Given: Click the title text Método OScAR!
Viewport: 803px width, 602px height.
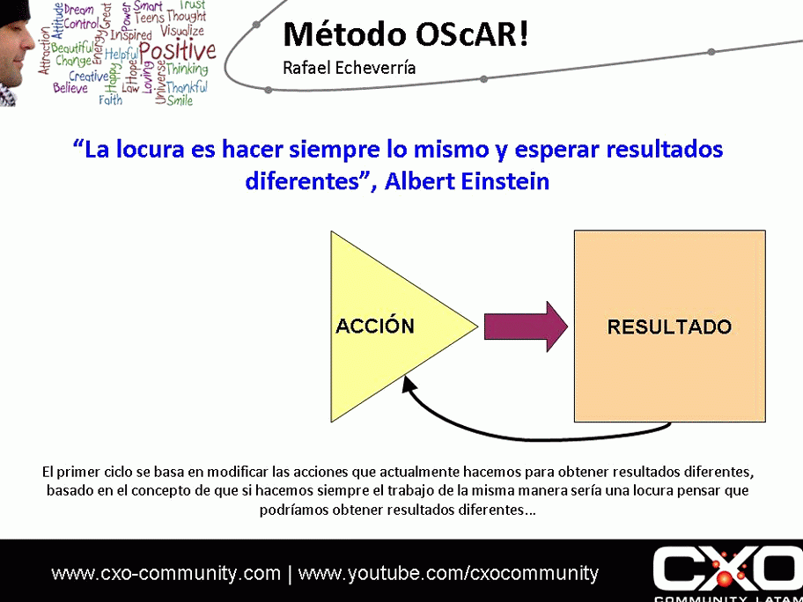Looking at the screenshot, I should (405, 34).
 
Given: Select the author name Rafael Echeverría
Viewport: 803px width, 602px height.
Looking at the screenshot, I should (349, 68).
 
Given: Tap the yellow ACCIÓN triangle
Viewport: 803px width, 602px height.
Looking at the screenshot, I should (379, 327).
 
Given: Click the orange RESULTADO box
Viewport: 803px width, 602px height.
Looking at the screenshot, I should (669, 327).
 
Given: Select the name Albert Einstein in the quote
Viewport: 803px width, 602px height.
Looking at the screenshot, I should (468, 181).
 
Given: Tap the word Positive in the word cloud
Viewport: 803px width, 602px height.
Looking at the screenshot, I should (177, 50).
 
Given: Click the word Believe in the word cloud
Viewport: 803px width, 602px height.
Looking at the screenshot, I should (70, 88).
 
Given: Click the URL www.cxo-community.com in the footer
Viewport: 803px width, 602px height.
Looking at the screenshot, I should (166, 574).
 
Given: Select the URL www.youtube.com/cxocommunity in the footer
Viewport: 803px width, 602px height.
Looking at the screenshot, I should (448, 574).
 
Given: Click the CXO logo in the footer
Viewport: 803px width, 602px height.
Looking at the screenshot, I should (727, 571).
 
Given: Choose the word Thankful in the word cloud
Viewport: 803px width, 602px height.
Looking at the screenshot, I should (187, 87).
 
